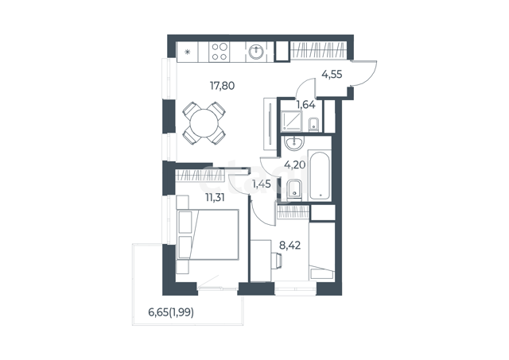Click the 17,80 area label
click(222, 86)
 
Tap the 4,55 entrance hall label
click(332, 75)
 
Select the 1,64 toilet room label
click(305, 105)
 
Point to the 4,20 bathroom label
click(295, 165)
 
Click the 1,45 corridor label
click(262, 184)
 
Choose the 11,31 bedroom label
click(215, 197)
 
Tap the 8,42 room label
click(289, 246)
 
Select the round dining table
click(204, 123)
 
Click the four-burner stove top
click(220, 52)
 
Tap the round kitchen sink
click(257, 52)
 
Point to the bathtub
click(320, 176)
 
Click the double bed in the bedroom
click(208, 234)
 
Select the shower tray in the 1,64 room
click(291, 121)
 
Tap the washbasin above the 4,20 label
click(294, 143)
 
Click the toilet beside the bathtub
click(294, 189)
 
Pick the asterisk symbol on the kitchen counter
click(187, 52)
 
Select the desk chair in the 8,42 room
click(276, 261)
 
